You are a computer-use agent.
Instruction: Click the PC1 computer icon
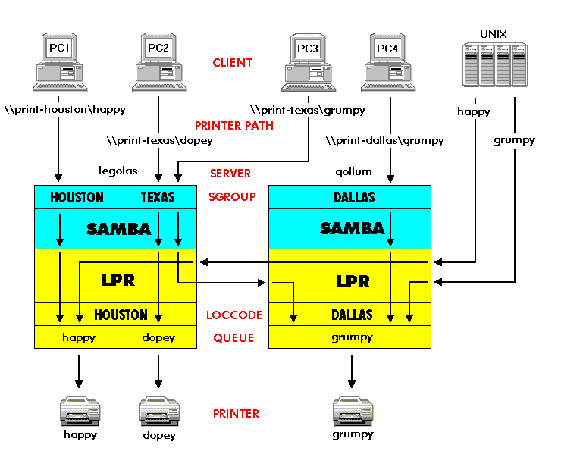(x=59, y=62)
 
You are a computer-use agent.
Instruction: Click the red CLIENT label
(x=233, y=63)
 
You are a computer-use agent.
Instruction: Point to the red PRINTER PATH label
(x=234, y=125)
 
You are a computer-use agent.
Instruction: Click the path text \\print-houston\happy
(x=64, y=110)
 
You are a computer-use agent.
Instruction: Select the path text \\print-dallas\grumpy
(x=384, y=140)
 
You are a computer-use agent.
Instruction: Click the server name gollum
(x=354, y=172)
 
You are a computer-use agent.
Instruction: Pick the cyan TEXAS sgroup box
(x=158, y=197)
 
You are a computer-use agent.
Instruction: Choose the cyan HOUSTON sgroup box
(x=77, y=197)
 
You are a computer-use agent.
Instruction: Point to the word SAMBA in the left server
(x=119, y=228)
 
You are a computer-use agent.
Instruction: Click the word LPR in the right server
(x=353, y=281)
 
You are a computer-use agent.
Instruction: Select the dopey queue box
(x=158, y=337)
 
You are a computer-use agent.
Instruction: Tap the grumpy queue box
(x=350, y=337)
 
